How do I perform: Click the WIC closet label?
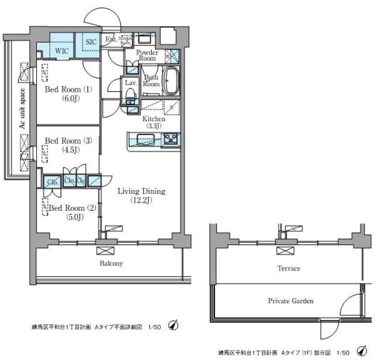62,51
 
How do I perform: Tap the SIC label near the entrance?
91,42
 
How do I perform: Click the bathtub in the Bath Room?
171,81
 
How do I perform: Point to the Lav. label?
130,83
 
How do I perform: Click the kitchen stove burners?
171,139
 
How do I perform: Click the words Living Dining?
141,192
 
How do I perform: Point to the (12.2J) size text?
141,201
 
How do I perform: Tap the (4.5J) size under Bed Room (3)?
66,150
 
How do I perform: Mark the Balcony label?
110,264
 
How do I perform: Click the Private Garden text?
291,301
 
